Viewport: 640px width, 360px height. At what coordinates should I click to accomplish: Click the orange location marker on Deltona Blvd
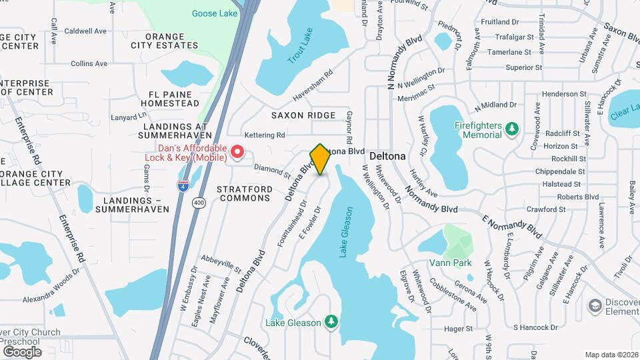pyautogui.click(x=320, y=159)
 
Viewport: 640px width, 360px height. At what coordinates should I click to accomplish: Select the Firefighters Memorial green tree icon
pyautogui.click(x=511, y=127)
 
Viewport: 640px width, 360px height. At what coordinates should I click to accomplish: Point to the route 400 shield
pyautogui.click(x=198, y=203)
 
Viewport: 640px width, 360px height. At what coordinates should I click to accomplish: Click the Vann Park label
pyautogui.click(x=450, y=263)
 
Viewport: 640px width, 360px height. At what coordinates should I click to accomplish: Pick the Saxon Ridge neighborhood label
pyautogui.click(x=303, y=115)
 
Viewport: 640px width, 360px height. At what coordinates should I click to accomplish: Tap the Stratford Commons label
pyautogui.click(x=245, y=194)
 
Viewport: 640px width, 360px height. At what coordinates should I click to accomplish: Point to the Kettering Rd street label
pyautogui.click(x=265, y=135)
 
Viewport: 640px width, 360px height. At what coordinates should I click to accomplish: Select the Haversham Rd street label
pyautogui.click(x=313, y=87)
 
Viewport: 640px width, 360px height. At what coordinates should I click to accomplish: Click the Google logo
pyautogui.click(x=21, y=351)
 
